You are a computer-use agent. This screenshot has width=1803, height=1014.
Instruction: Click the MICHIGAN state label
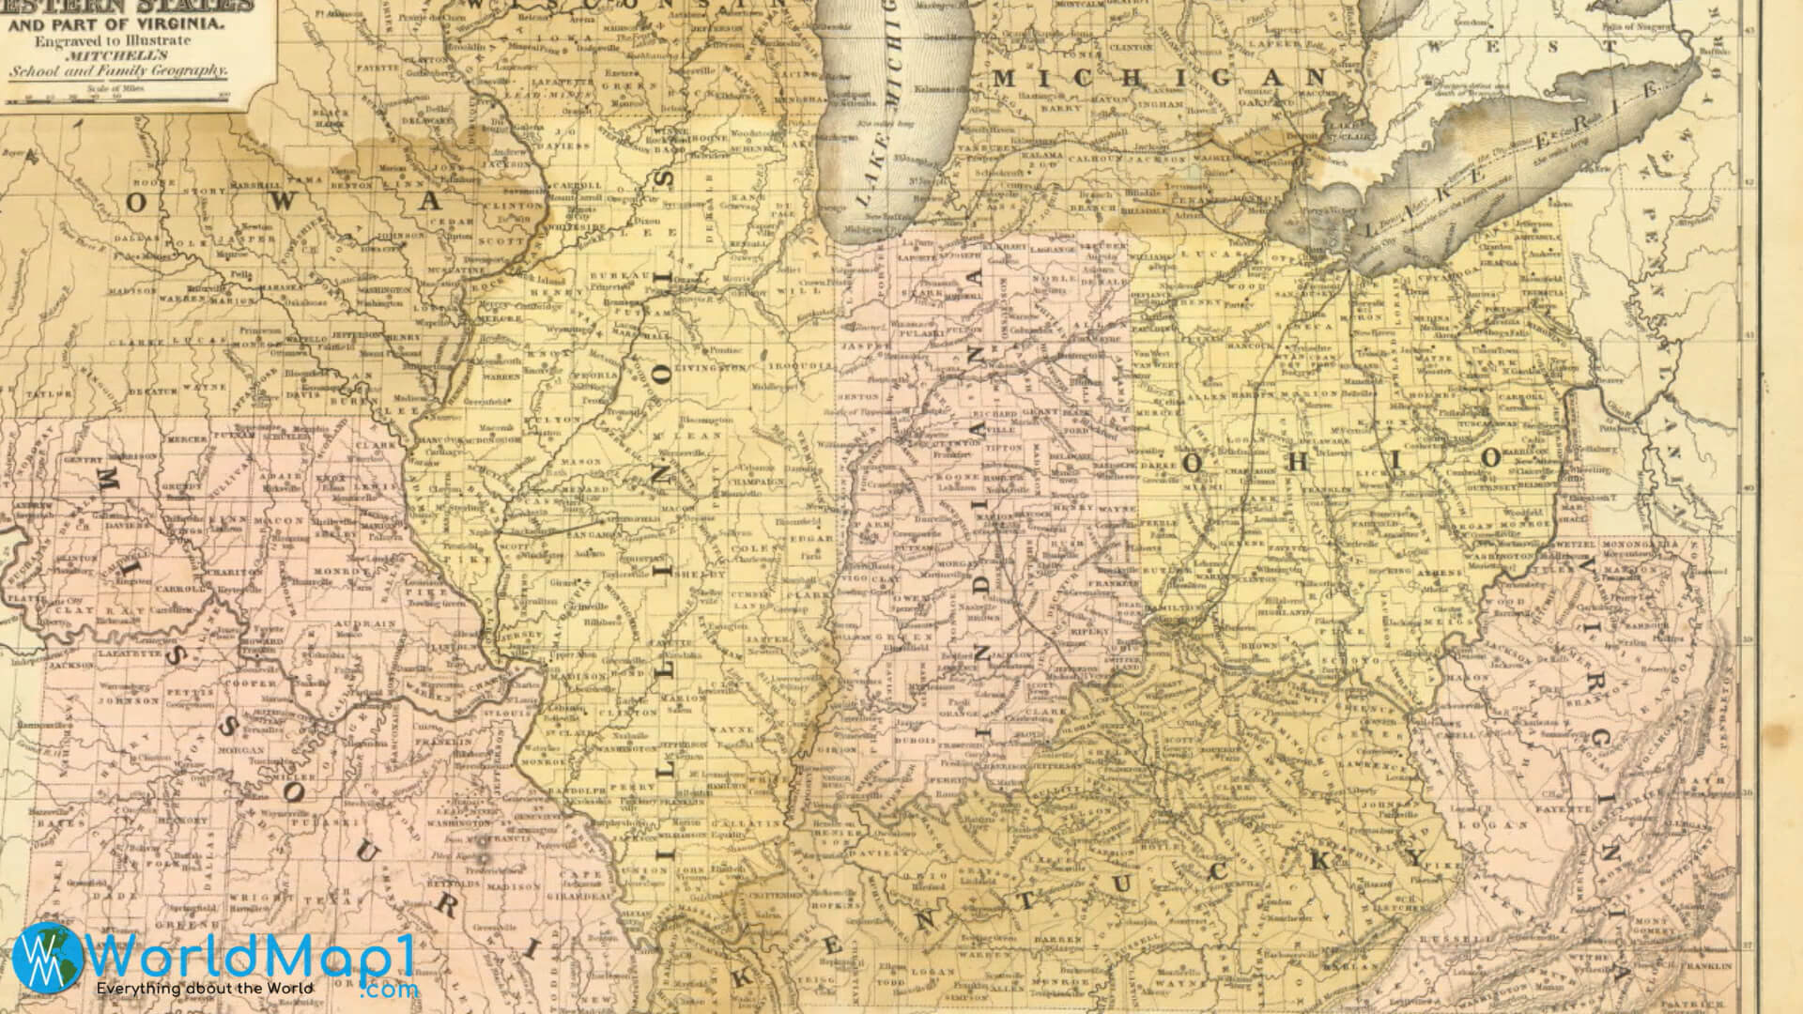click(1159, 78)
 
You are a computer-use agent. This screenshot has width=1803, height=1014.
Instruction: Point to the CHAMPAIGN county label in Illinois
click(754, 481)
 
